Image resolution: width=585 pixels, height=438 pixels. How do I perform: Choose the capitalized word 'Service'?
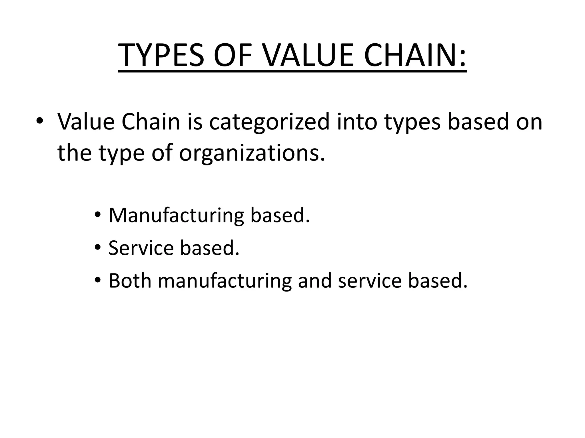click(141, 248)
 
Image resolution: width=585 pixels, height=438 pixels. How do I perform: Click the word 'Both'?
click(130, 280)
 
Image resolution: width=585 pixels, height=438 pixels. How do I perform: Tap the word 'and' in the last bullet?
click(314, 280)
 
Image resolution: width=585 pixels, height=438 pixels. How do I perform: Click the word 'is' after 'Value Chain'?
click(195, 121)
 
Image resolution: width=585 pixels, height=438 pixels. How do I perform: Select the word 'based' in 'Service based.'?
click(209, 248)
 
